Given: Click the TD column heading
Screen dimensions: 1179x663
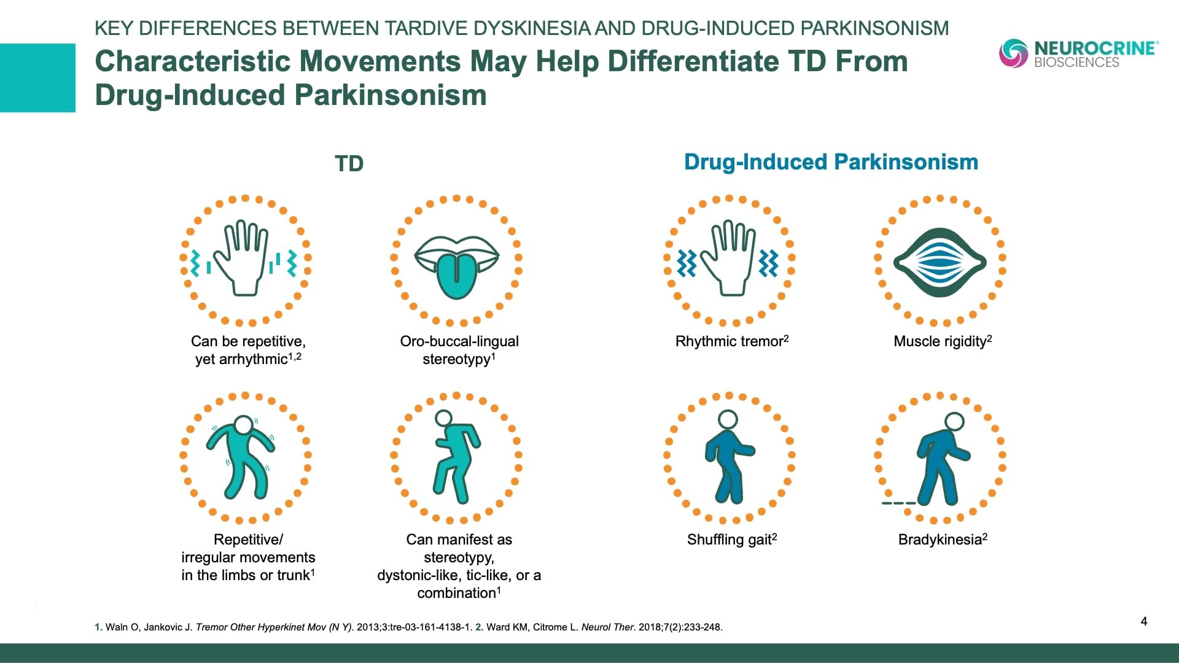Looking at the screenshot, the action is tap(349, 164).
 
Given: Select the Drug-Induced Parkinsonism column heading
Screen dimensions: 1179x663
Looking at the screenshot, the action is tap(831, 162).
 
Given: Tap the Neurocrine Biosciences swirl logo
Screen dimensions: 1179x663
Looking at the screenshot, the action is tap(1013, 53).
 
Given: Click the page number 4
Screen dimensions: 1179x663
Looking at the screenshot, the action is tap(1144, 621).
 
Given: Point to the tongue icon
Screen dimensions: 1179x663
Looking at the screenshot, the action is tap(456, 268).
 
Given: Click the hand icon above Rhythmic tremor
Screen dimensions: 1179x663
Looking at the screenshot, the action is tap(728, 258).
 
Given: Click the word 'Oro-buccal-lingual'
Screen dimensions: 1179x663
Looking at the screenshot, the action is tap(459, 341).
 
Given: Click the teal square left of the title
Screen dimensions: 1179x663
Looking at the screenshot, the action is tap(37, 78).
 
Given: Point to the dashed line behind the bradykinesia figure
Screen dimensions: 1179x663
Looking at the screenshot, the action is tap(898, 503).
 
